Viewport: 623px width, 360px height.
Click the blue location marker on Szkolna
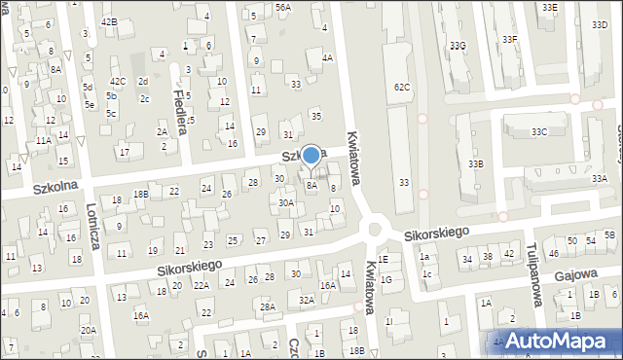[x=311, y=155]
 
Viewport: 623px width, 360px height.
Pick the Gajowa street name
[x=577, y=274]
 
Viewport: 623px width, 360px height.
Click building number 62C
[x=402, y=88]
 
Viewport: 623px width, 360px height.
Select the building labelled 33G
[x=458, y=46]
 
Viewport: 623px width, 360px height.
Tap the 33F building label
[x=509, y=39]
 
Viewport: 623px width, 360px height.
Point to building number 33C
[x=539, y=131]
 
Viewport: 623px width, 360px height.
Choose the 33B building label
[x=475, y=164]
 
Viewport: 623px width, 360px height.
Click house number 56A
[x=282, y=7]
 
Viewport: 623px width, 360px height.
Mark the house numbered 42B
[x=109, y=21]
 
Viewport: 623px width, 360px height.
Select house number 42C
[x=118, y=81]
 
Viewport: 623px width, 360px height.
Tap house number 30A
[x=286, y=203]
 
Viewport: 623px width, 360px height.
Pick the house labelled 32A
[x=306, y=301]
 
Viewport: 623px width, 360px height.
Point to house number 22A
[x=201, y=285]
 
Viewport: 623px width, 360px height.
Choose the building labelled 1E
[x=384, y=260]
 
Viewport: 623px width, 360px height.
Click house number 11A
[x=44, y=140]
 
